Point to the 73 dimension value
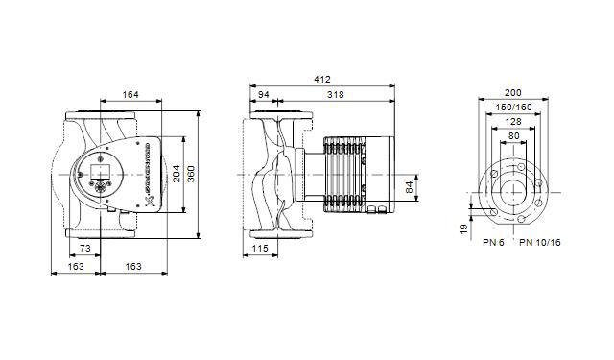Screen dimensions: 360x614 [85, 249]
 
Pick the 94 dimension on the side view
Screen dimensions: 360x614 [263, 95]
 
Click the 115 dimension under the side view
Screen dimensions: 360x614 [260, 249]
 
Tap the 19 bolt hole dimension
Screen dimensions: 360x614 [462, 228]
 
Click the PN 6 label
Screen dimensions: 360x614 [494, 243]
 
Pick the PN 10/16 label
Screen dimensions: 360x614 [540, 243]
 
